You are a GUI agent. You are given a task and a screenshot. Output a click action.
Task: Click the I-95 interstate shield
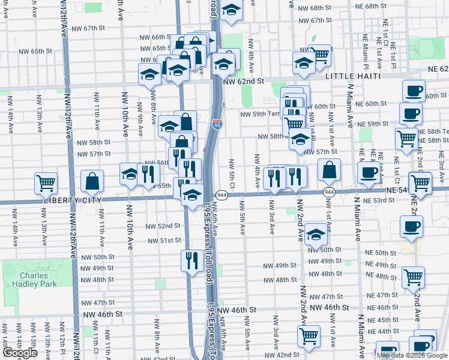[x=217, y=125]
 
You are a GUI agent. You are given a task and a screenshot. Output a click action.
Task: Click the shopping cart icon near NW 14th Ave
[x=46, y=182]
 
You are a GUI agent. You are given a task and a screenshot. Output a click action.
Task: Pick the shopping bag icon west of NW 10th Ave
[x=92, y=180]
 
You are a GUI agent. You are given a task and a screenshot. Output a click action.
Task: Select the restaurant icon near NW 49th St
[x=191, y=260]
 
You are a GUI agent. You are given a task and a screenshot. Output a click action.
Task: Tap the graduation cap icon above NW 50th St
[x=315, y=234]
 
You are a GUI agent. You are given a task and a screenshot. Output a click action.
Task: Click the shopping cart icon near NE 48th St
[x=413, y=277]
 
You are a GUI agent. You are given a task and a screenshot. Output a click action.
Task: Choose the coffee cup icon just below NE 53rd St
[x=412, y=226]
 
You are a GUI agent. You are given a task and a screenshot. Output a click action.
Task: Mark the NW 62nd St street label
[x=244, y=81]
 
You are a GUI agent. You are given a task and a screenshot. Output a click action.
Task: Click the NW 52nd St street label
[x=163, y=226]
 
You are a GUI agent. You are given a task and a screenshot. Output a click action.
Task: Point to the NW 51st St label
[x=164, y=240]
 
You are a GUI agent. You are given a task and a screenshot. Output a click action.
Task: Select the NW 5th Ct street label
[x=231, y=171]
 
